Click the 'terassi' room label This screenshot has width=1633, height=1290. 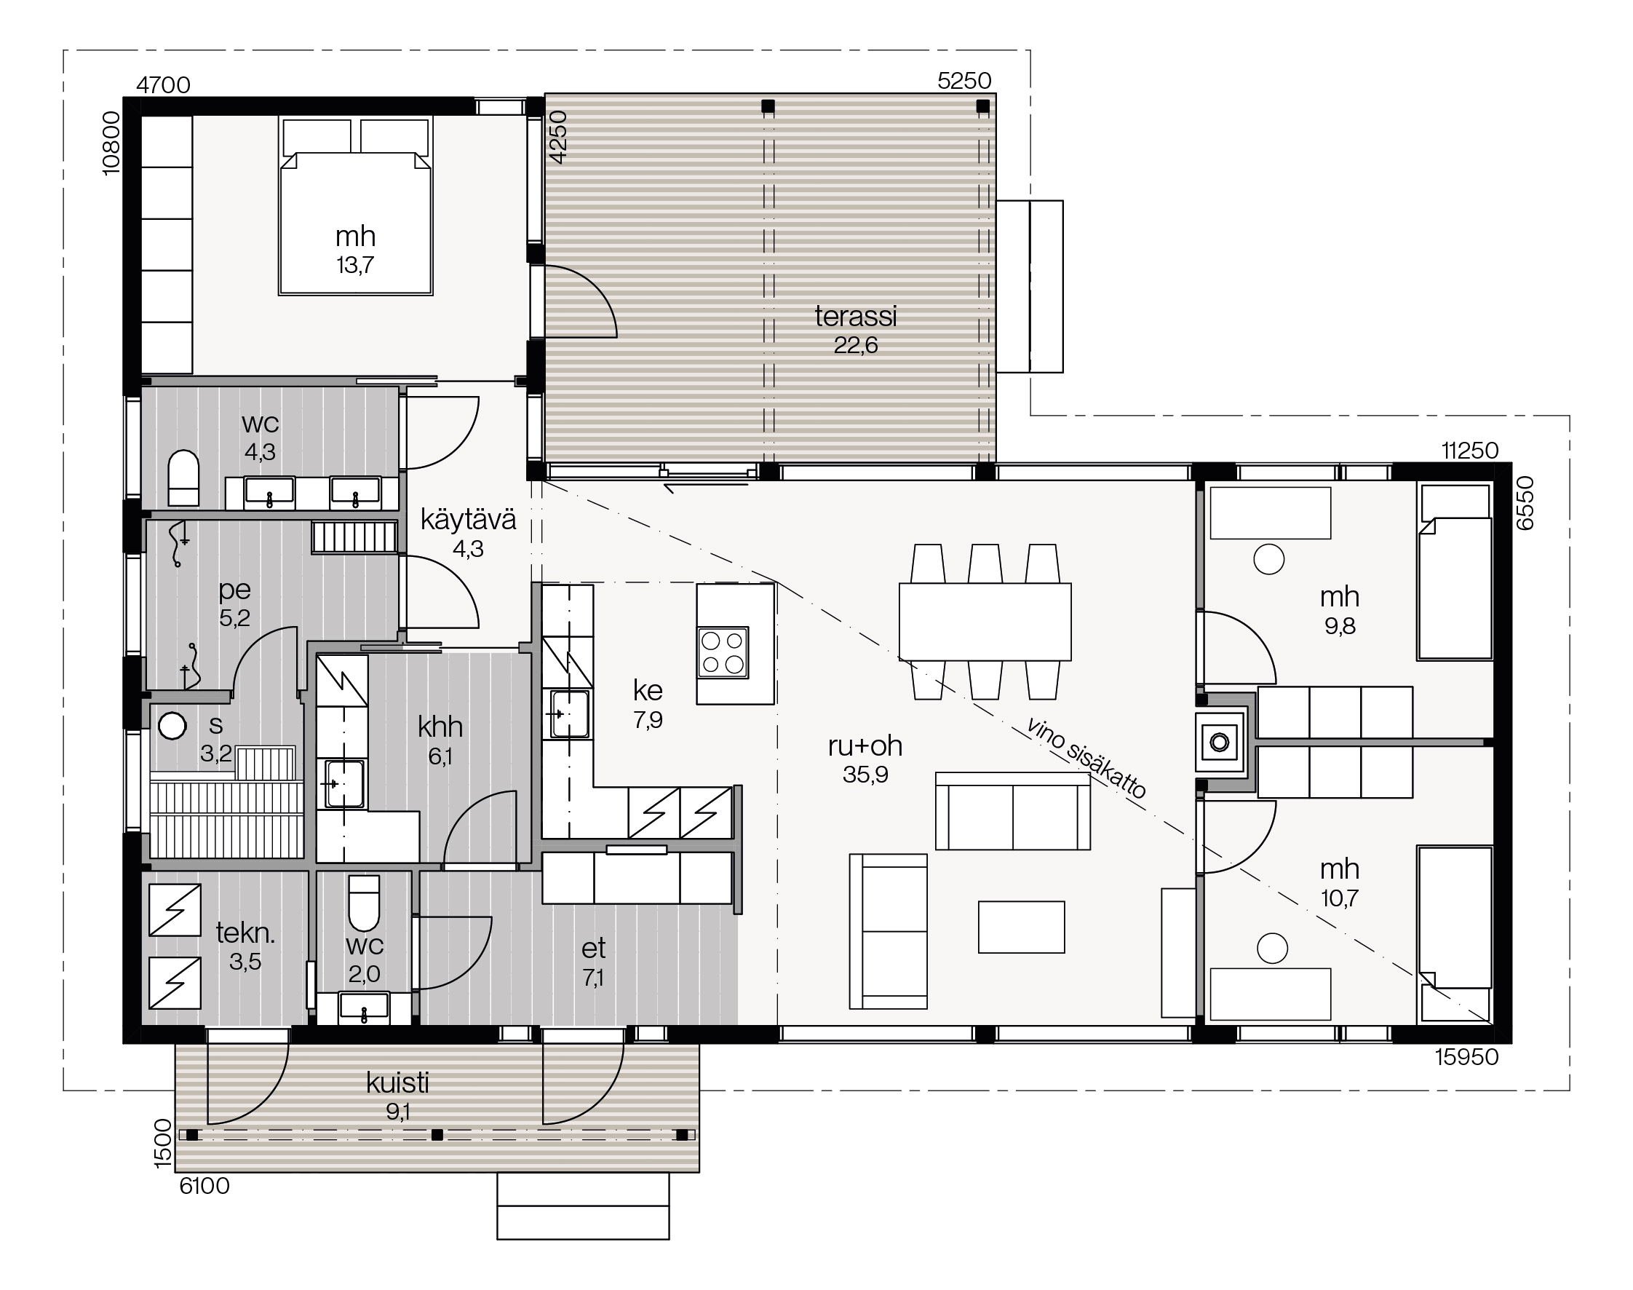855,317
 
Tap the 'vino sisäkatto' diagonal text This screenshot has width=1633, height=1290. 1086,757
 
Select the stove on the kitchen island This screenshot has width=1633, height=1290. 723,652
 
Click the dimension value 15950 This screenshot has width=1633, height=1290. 1466,1056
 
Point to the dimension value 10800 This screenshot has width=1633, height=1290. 111,143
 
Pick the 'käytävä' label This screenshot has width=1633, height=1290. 468,520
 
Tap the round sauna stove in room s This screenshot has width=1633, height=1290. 172,726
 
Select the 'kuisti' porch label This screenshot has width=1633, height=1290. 398,1083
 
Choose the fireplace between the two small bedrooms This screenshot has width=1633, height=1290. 1219,742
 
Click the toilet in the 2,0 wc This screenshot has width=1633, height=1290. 364,903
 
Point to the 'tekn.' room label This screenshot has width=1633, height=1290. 245,933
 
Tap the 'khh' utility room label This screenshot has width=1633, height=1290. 440,727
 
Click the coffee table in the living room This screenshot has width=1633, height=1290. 1022,927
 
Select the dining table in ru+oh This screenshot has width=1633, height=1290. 985,621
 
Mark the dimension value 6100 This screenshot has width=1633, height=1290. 204,1187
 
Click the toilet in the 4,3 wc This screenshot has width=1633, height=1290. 183,478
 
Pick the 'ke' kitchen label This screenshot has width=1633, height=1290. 648,690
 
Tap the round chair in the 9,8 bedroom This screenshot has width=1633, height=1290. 1268,560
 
